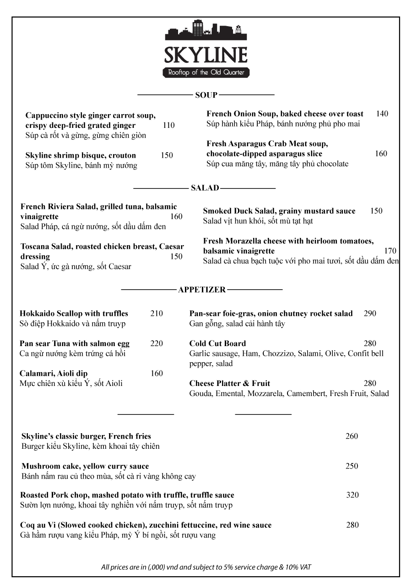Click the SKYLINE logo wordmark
(x=206, y=55)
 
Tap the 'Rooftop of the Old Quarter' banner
(x=206, y=72)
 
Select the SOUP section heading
(x=206, y=95)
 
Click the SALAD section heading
(x=205, y=188)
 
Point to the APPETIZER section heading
(x=202, y=290)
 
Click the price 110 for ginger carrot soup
(x=168, y=125)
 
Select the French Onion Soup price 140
(x=382, y=114)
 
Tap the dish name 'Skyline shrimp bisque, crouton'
(x=81, y=155)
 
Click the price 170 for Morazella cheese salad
(x=390, y=251)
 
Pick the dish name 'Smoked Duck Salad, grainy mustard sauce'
(x=279, y=211)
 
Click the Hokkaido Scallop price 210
(x=157, y=314)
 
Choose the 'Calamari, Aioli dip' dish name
(x=54, y=373)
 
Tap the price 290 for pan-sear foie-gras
(x=370, y=314)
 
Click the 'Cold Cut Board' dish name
(x=217, y=343)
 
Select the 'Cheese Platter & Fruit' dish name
(x=230, y=383)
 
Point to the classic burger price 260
(x=352, y=436)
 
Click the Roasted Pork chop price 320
(x=352, y=495)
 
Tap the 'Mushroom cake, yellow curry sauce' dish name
(x=85, y=466)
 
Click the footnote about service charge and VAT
(x=206, y=567)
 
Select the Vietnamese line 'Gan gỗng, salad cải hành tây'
(x=237, y=324)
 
